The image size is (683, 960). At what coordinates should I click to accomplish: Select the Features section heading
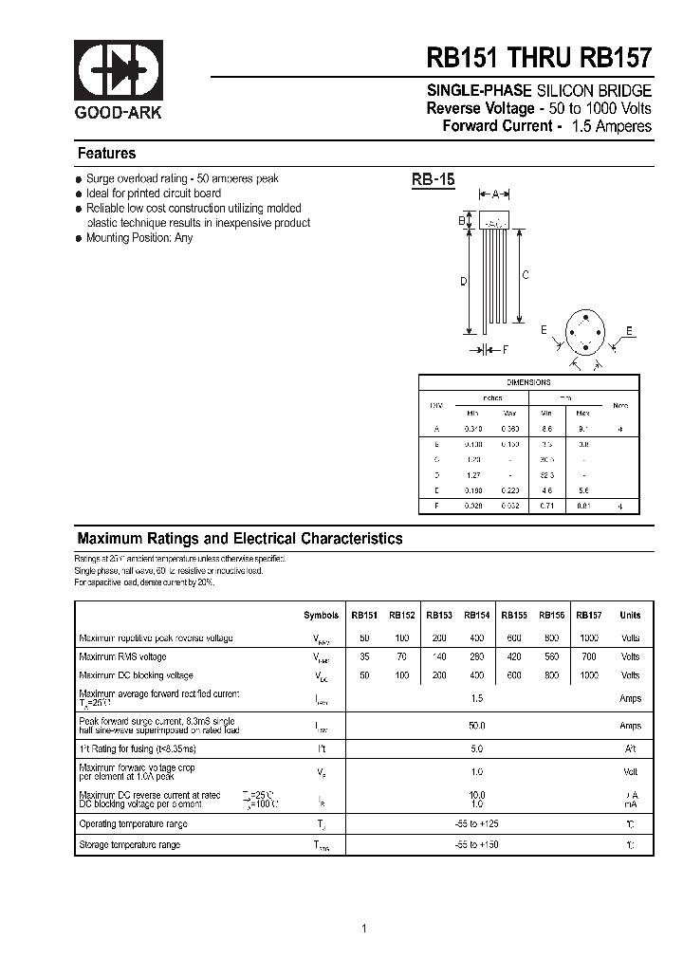coord(106,154)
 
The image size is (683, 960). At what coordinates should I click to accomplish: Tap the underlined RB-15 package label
coord(434,180)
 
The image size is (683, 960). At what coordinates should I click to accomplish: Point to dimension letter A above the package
coord(495,194)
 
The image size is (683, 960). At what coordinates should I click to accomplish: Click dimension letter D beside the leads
coord(463,281)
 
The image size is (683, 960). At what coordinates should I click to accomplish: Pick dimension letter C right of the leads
coord(525,275)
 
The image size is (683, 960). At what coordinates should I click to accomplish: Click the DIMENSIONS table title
coord(528,382)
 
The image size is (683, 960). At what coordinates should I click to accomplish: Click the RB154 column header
coord(476,615)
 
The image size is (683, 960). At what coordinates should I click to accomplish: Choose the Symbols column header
coord(321,615)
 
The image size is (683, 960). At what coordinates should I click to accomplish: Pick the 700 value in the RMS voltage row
coord(589,656)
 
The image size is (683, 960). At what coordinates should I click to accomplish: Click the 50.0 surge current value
coord(476,726)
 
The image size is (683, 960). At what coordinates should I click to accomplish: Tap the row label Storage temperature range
coord(129,844)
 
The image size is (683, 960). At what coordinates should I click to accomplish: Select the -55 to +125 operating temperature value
coord(476,823)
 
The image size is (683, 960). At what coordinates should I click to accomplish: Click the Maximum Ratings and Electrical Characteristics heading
coord(240,539)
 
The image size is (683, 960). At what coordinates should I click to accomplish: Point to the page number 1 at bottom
coord(364,928)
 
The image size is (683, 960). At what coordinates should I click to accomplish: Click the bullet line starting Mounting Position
coord(138,238)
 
